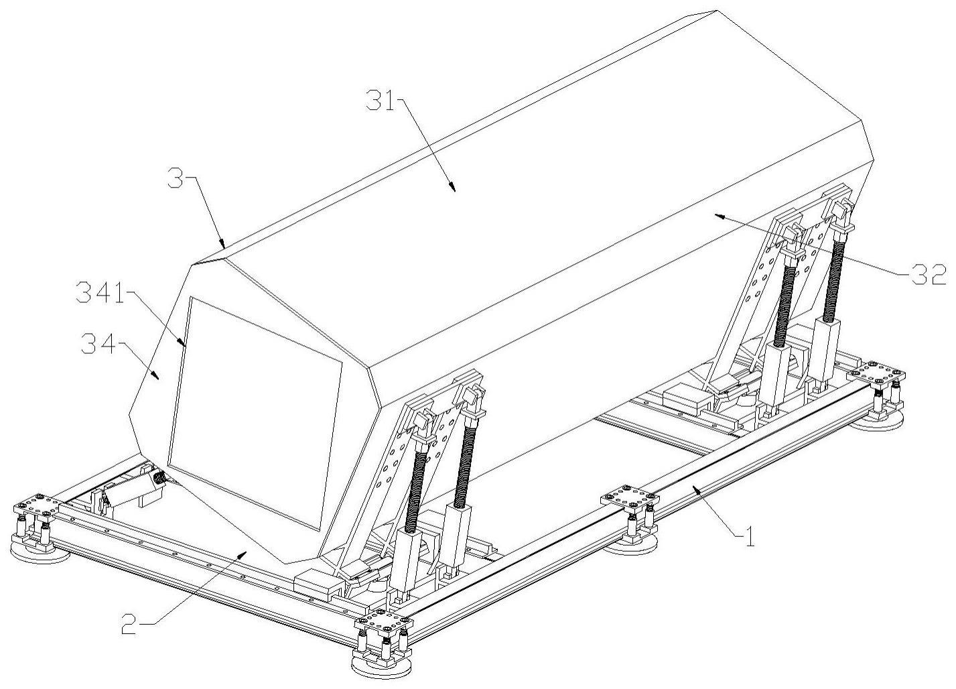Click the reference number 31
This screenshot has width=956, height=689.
tap(382, 101)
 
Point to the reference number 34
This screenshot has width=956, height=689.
tap(98, 344)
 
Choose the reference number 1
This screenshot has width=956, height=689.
tap(750, 537)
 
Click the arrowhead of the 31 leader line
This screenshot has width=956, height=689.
tap(452, 188)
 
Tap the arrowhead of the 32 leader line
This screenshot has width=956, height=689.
tap(718, 217)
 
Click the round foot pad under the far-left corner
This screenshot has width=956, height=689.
tap(40, 554)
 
